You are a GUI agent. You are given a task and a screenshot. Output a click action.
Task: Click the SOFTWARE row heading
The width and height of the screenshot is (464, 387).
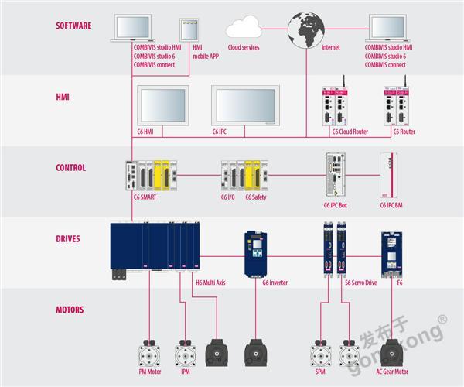click(x=73, y=26)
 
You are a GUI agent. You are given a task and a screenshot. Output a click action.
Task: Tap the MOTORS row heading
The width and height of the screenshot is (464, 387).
click(x=70, y=310)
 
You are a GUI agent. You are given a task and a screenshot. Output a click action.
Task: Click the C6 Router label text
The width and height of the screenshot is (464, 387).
click(x=404, y=132)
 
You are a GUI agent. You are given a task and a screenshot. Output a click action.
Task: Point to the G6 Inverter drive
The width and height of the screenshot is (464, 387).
click(x=254, y=252)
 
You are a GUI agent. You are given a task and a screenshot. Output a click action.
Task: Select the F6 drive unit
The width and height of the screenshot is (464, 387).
click(x=393, y=252)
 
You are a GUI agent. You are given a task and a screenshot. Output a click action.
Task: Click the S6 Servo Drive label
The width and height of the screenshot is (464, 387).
click(x=360, y=283)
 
